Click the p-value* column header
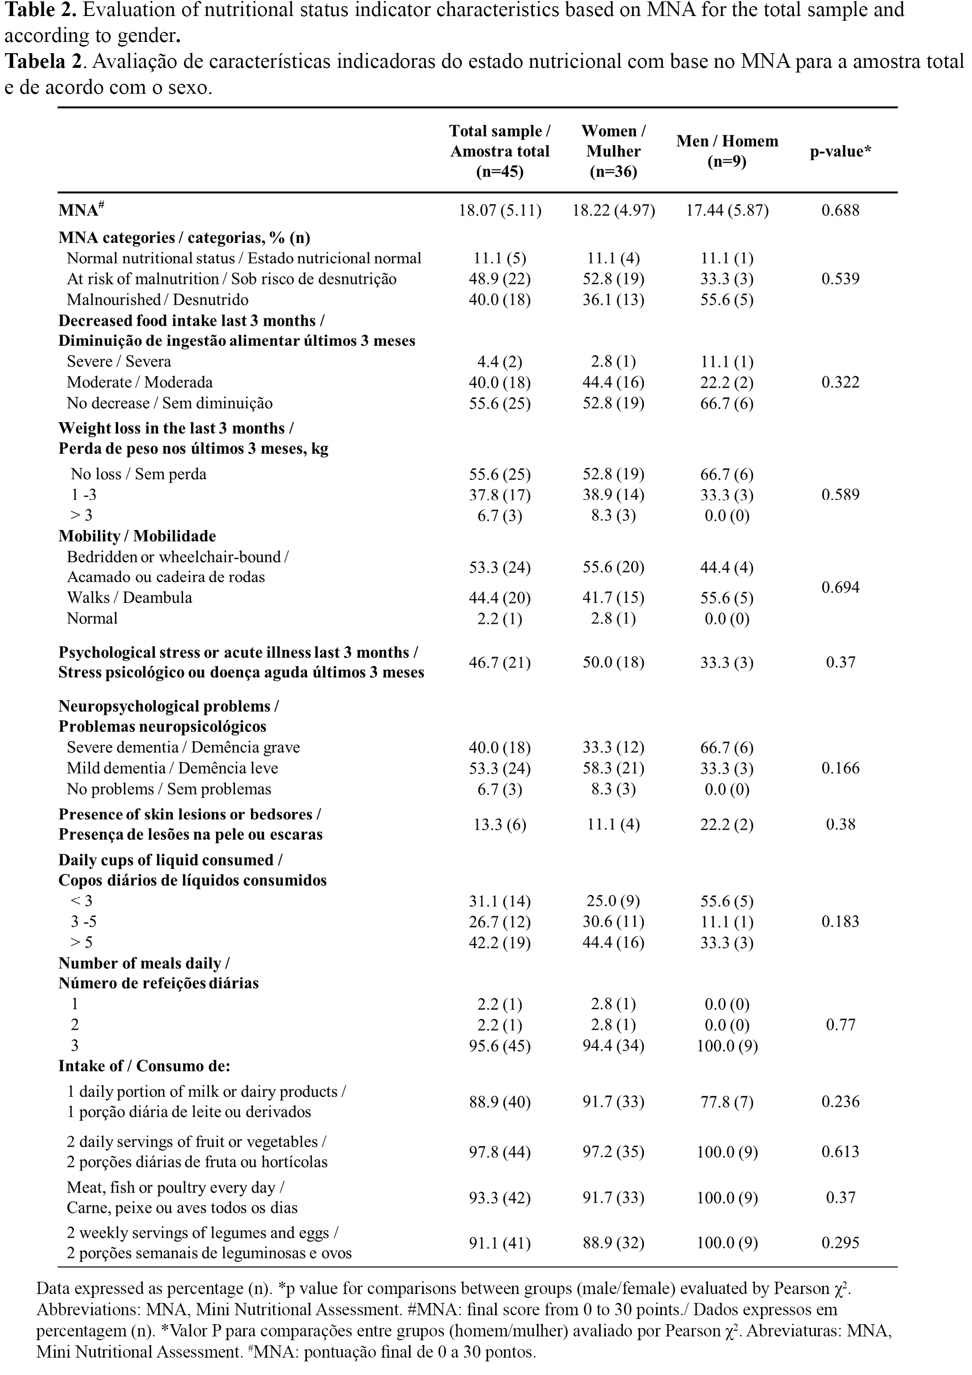[x=840, y=152]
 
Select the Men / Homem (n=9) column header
[x=727, y=151]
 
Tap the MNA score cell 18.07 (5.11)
[x=499, y=210]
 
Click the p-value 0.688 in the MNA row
[x=840, y=210]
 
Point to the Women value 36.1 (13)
[x=613, y=299]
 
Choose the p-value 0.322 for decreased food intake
[x=840, y=382]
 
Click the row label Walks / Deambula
[x=129, y=598]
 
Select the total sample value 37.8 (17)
[x=499, y=495]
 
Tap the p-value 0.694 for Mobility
[x=840, y=587]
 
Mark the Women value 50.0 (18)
[x=613, y=662]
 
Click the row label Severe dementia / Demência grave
[x=183, y=748]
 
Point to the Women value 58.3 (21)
[x=613, y=768]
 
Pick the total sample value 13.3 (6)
[x=499, y=825]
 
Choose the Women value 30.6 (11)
[x=613, y=922]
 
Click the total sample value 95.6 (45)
[x=499, y=1045]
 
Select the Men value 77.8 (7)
[x=727, y=1102]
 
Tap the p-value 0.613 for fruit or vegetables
[x=840, y=1151]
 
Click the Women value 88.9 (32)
[x=613, y=1243]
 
